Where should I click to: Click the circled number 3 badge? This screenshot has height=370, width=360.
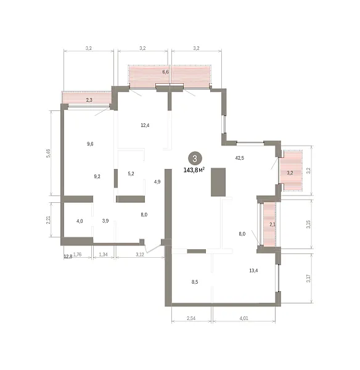(x=195, y=158)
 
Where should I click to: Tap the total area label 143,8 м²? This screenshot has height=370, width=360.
(x=194, y=170)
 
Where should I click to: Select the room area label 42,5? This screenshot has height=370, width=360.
(x=239, y=158)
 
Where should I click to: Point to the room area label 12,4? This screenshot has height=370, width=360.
(x=145, y=125)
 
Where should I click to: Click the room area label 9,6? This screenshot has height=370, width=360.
(x=90, y=144)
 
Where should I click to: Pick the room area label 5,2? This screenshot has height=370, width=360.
(x=131, y=174)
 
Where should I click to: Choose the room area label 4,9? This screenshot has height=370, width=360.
(x=157, y=182)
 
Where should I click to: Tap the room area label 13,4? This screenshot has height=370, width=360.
(x=253, y=271)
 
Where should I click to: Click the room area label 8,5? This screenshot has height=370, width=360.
(x=195, y=282)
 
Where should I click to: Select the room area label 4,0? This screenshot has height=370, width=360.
(x=80, y=221)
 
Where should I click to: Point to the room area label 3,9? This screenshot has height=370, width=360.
(x=105, y=221)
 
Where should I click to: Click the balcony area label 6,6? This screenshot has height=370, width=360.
(x=166, y=72)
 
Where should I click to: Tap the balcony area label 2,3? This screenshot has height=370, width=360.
(x=89, y=100)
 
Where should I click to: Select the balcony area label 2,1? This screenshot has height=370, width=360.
(x=272, y=224)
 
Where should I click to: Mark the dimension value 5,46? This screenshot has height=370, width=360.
(x=48, y=153)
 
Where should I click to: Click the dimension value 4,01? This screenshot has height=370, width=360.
(x=243, y=318)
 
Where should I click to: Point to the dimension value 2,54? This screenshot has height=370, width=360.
(x=191, y=318)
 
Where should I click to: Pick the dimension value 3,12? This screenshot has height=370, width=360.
(x=140, y=254)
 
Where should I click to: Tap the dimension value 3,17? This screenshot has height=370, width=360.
(x=308, y=278)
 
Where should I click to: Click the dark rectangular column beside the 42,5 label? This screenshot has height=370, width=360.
(x=218, y=182)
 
